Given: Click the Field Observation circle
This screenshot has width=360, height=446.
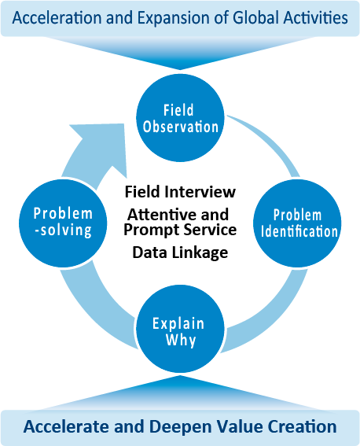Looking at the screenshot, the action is [180, 118].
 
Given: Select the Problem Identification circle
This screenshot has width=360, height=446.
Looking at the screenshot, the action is [297, 223].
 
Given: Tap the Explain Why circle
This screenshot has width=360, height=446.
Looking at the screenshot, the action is [180, 329].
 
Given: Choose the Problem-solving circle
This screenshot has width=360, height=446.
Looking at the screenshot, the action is [63, 223].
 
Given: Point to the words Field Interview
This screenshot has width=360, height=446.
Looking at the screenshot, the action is [180, 192].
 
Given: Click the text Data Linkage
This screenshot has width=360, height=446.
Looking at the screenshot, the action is [180, 252].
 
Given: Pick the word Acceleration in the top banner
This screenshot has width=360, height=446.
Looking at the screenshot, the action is [57, 17].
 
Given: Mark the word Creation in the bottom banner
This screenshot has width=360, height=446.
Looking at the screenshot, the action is [303, 426].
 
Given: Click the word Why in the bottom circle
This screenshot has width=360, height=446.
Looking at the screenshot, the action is [181, 340].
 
